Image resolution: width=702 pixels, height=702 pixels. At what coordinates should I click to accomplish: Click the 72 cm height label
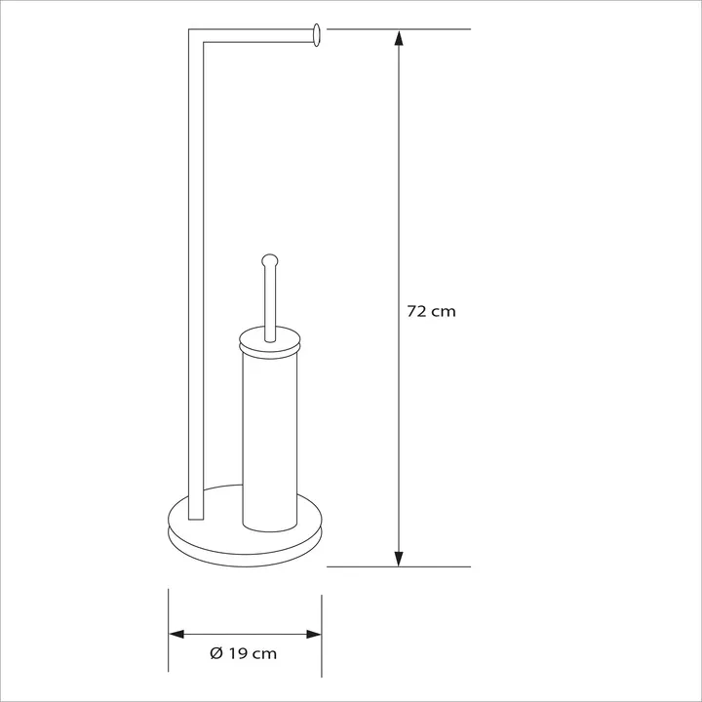[x=431, y=311]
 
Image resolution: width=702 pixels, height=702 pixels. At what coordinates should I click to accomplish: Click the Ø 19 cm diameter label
[x=243, y=653]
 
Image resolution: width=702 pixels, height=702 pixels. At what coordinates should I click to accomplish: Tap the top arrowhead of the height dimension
[x=399, y=37]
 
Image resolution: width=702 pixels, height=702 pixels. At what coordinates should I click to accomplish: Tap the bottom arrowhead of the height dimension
[x=399, y=559]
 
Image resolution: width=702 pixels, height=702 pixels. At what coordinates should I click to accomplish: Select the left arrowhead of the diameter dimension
[x=176, y=634]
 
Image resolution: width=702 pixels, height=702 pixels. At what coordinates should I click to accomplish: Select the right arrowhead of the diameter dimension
[x=314, y=634]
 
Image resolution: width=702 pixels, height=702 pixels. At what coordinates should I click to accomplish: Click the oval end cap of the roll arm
[x=317, y=35]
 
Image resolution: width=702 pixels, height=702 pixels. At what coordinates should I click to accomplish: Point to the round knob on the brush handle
[x=269, y=260]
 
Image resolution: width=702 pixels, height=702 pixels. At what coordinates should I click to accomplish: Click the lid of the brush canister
[x=269, y=341]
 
